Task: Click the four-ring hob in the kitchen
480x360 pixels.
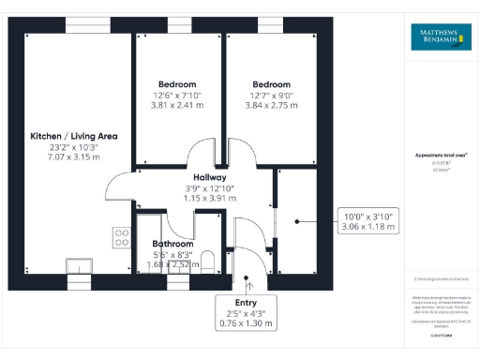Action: point(121,238)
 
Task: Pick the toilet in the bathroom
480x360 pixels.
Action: point(208,260)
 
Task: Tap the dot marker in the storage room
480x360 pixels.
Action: point(297,221)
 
